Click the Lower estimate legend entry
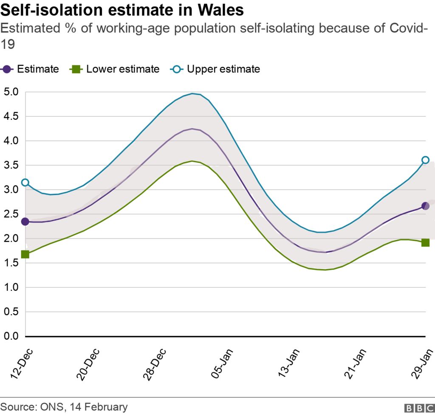115,69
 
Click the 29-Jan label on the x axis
423,363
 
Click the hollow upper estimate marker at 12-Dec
25,183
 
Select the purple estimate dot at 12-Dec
25,222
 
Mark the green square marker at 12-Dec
25,254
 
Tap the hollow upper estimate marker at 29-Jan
425,160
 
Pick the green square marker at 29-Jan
425,243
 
